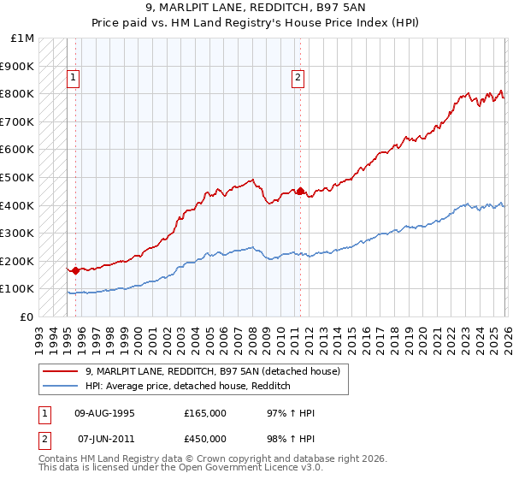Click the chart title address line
pyautogui.click(x=256, y=9)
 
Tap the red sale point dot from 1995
pyautogui.click(x=75, y=270)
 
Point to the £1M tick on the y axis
pyautogui.click(x=23, y=38)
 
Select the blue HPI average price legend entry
pyautogui.click(x=188, y=386)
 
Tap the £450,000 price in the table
pyautogui.click(x=205, y=439)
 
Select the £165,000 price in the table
pyautogui.click(x=205, y=413)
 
